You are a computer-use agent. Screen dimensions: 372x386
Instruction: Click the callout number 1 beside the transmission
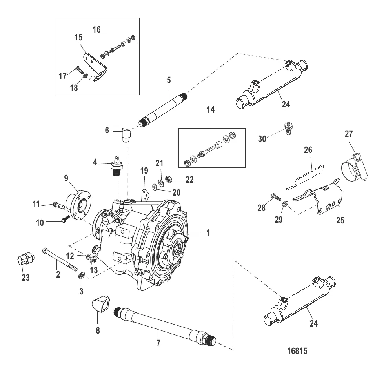pos(208,232)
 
